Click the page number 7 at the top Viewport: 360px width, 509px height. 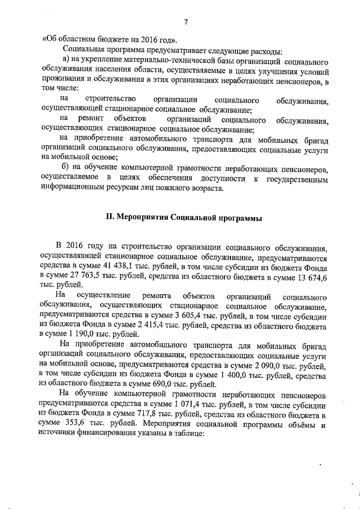[x=185, y=22]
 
